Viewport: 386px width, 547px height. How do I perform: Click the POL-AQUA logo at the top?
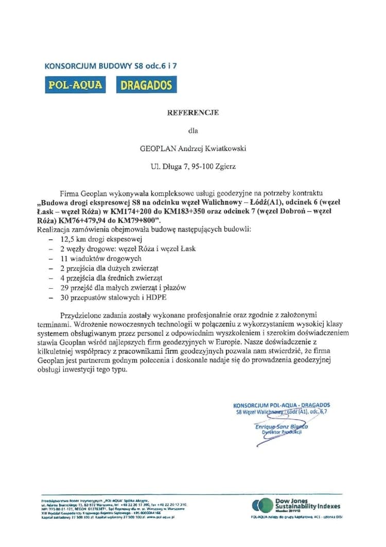tap(75, 85)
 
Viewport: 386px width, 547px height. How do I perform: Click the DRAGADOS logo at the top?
tap(146, 85)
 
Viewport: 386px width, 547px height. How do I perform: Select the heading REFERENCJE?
tap(193, 112)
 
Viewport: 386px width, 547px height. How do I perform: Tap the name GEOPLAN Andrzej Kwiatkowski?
tap(193, 148)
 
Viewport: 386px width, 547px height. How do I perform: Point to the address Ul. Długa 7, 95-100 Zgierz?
tap(193, 167)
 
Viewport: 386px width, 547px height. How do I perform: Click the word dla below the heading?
tap(193, 130)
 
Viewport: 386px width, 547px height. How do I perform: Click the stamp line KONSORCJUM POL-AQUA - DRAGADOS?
tap(282, 405)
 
